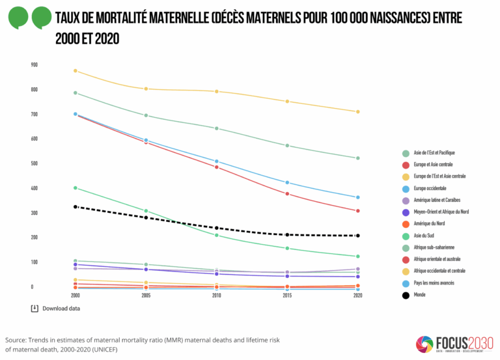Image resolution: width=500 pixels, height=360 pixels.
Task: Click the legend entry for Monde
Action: click(420, 294)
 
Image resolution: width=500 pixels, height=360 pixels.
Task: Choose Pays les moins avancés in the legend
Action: click(433, 283)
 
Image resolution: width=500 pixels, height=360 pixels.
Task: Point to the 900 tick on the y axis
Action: click(34, 65)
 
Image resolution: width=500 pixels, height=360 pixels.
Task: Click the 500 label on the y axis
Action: click(34, 163)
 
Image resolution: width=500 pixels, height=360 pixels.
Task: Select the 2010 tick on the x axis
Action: click(216, 295)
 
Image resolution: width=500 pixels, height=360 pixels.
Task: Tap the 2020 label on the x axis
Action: click(357, 295)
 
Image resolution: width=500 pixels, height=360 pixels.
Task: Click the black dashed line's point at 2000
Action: click(76, 207)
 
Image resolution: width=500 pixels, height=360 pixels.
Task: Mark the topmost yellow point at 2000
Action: click(76, 71)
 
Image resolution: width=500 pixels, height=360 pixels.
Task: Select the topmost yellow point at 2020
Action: click(357, 112)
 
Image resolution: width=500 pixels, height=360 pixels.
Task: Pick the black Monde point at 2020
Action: click(357, 236)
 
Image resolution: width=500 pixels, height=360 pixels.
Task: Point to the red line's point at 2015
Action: click(287, 194)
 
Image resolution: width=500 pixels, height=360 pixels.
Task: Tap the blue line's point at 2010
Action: click(217, 161)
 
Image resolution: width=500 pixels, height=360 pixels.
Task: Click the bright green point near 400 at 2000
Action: click(76, 188)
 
